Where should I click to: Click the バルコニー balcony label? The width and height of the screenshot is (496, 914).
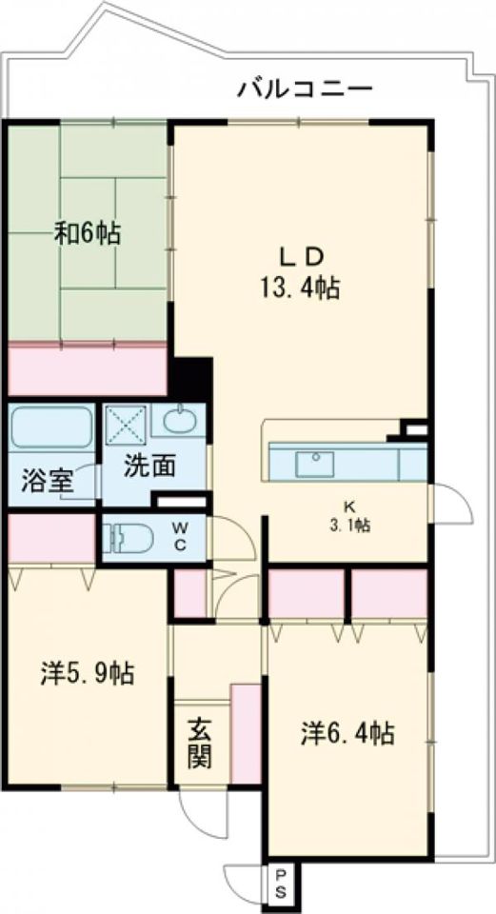click(305, 90)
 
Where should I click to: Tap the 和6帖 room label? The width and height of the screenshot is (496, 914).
click(87, 233)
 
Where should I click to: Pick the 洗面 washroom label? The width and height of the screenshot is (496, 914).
click(150, 467)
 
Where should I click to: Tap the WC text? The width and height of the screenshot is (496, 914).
click(181, 537)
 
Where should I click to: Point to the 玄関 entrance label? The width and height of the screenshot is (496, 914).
click(199, 745)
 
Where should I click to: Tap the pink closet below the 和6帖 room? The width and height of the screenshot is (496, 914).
click(88, 370)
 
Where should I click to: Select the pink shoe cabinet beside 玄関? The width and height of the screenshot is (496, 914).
click(246, 733)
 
